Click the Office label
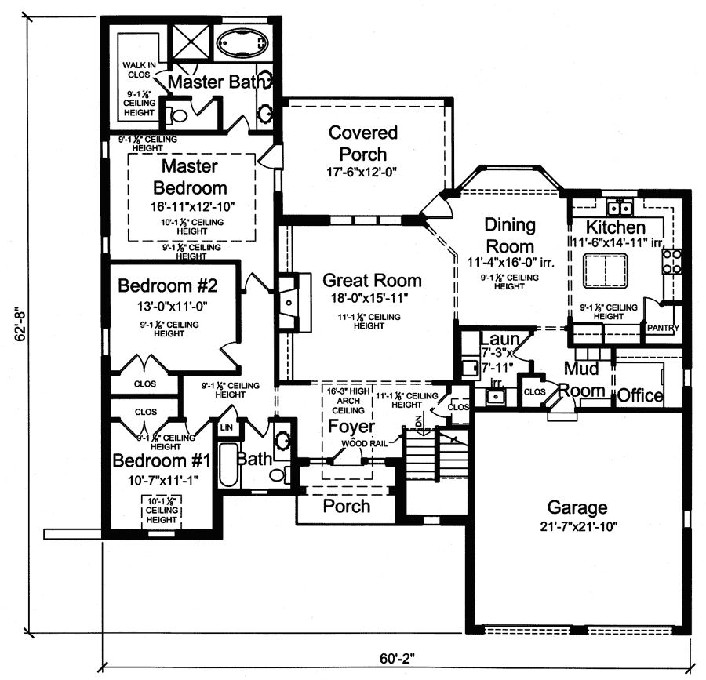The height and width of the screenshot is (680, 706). click(x=640, y=395)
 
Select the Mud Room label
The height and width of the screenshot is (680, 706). click(x=587, y=379)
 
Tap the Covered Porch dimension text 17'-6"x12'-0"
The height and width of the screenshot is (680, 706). click(x=363, y=172)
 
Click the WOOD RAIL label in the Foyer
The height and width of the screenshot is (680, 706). click(x=360, y=444)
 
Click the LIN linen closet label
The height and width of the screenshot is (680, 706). click(x=227, y=428)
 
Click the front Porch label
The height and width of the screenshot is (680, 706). click(x=347, y=506)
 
